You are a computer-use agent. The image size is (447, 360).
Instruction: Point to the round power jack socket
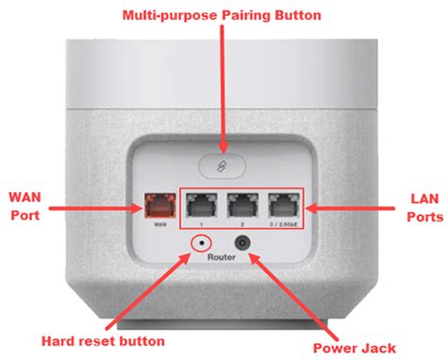pos(245,244)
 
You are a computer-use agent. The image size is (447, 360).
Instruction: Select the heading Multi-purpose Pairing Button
pos(223,16)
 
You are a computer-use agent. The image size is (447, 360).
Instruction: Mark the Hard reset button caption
pos(105,339)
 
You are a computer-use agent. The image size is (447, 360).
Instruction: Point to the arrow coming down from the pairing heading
pos(223,85)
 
